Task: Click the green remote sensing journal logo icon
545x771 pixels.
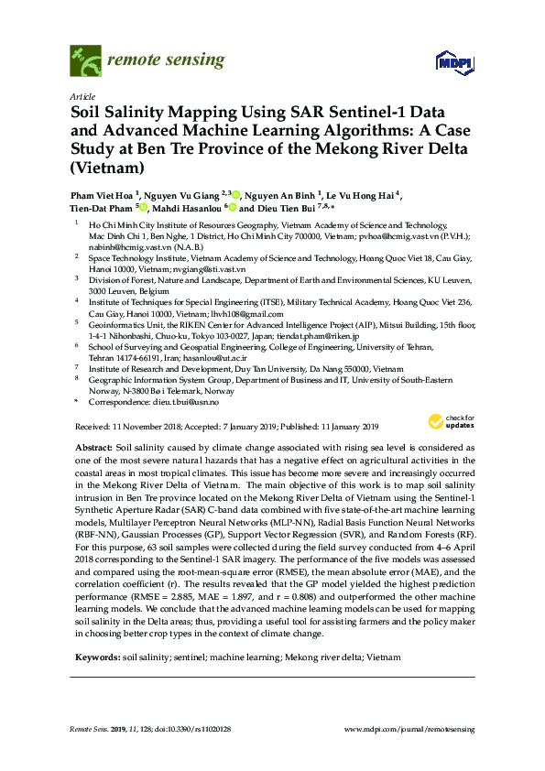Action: pyautogui.click(x=85, y=60)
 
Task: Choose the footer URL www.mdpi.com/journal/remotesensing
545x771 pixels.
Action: pyautogui.click(x=409, y=728)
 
